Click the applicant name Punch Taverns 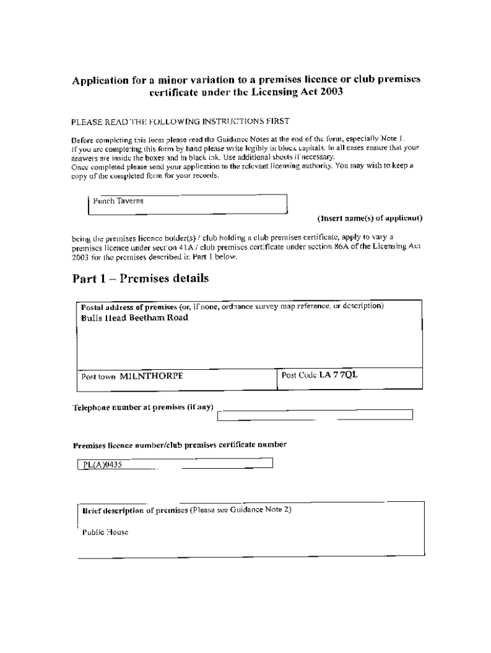(118, 201)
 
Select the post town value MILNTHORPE (151, 376)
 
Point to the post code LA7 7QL (339, 375)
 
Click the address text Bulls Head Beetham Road (135, 318)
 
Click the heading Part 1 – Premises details (140, 279)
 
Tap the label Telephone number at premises (142, 407)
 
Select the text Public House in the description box (105, 532)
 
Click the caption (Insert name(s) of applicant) (370, 218)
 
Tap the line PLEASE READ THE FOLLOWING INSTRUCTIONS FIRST (180, 121)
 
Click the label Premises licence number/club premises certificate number (180, 445)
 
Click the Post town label (98, 377)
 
